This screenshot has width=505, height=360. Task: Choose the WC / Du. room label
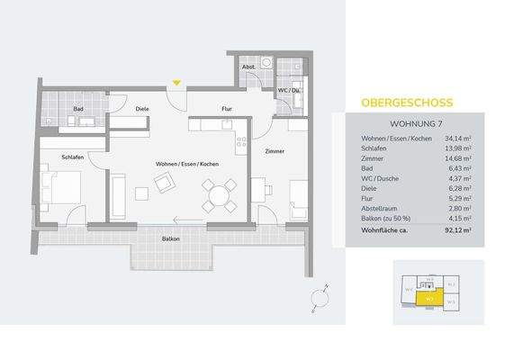coord(289,91)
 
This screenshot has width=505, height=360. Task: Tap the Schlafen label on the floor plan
coord(73,157)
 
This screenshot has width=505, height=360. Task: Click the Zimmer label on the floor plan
coord(275,152)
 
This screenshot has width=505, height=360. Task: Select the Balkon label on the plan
coord(170,238)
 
